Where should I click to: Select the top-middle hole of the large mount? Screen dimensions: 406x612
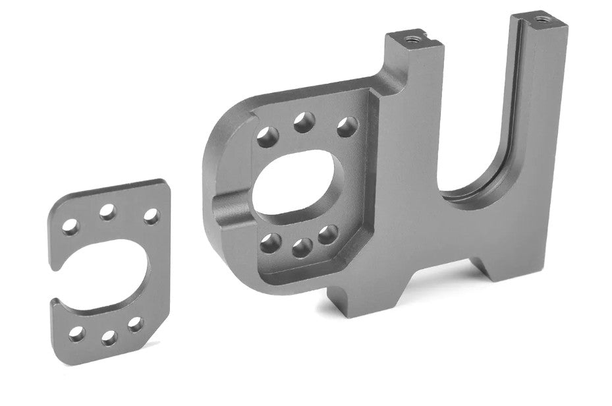tap(304, 122)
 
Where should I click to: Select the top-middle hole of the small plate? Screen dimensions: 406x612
tap(107, 212)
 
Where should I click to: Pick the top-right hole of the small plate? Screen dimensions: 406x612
tap(152, 216)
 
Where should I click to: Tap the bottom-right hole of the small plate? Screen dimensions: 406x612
tap(136, 324)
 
